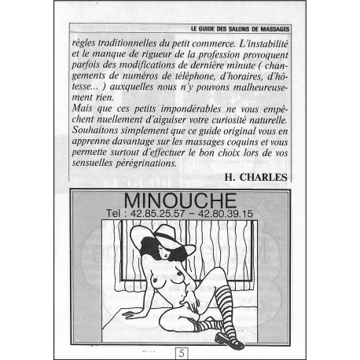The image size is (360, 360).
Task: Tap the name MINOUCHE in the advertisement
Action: pyautogui.click(x=180, y=200)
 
